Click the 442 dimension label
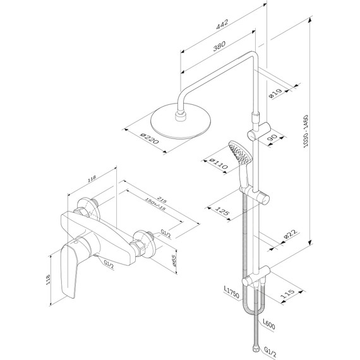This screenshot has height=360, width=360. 222,24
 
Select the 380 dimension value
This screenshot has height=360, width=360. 219,46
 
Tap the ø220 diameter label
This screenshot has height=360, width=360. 150,139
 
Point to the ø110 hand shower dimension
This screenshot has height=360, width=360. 218,164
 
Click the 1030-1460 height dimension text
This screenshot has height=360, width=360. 306,131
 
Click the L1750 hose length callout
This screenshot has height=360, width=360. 232,292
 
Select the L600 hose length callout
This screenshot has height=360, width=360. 268,325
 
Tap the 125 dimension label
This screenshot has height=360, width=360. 222,211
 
